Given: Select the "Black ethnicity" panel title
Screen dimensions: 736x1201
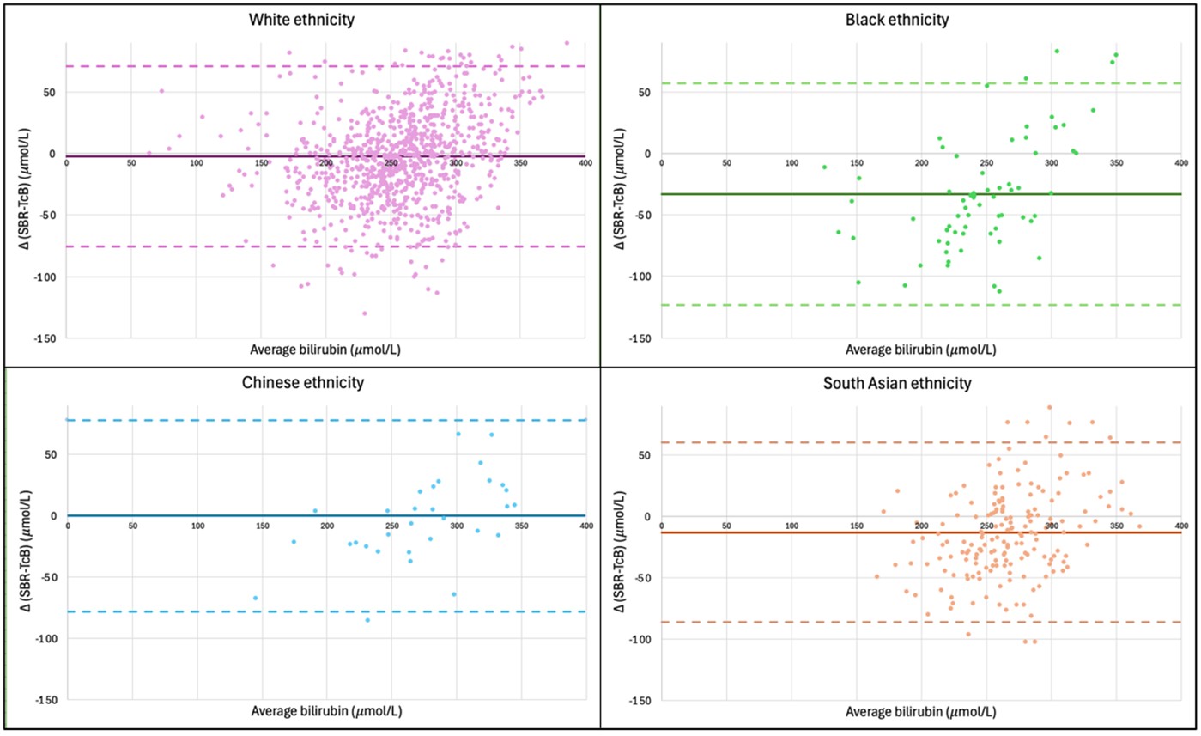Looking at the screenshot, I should (897, 19).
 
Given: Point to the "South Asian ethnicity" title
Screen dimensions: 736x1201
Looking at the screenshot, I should (897, 382).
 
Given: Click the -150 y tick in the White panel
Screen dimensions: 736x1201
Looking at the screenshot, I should (50, 338).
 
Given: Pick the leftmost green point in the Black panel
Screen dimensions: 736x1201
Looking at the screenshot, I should (824, 167).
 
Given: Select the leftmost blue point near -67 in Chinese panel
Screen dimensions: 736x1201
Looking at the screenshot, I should (255, 598).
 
